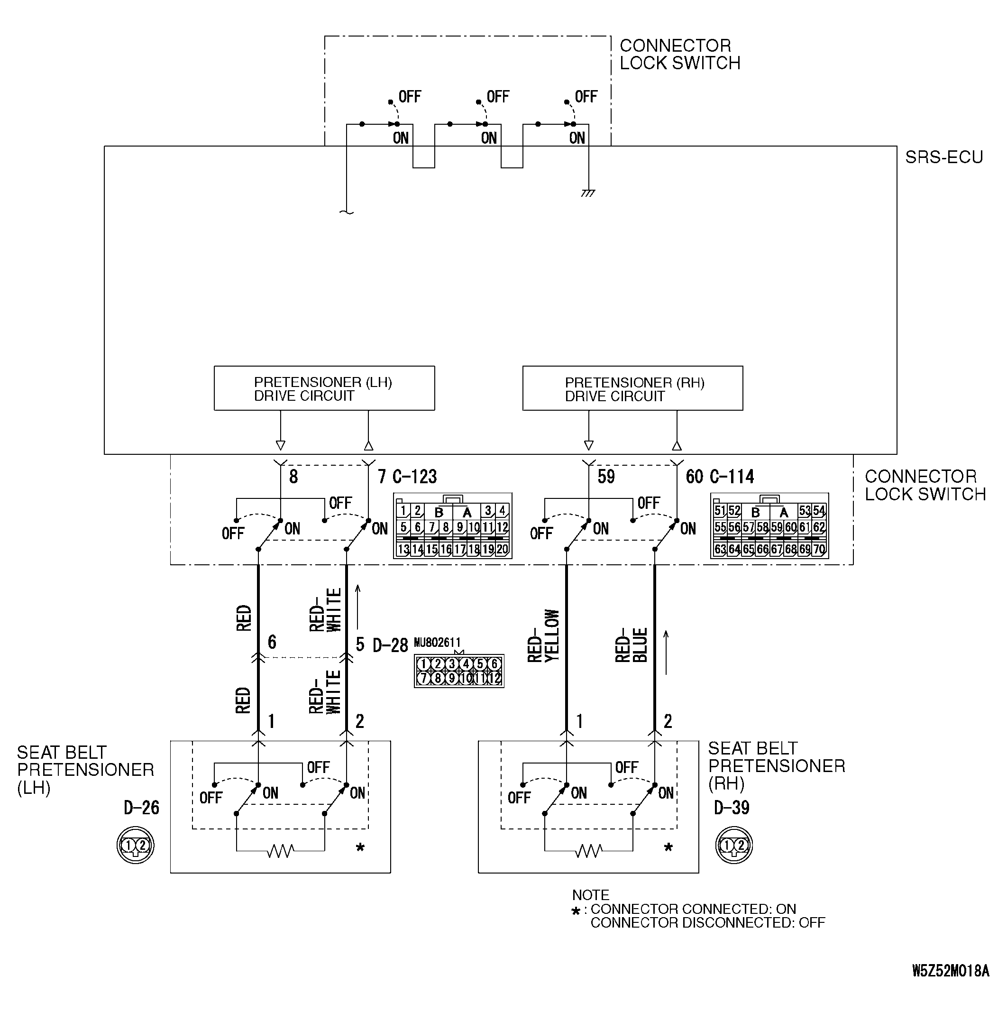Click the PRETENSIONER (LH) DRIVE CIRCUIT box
[x=324, y=388]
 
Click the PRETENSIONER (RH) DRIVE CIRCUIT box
[x=632, y=388]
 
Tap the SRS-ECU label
[x=944, y=157]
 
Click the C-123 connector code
[x=415, y=477]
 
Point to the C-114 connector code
[x=732, y=477]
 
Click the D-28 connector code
[x=390, y=645]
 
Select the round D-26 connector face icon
[x=136, y=846]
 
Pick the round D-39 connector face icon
[x=733, y=846]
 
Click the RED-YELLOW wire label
[x=543, y=636]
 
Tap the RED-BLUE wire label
[x=632, y=645]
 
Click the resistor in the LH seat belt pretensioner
[x=280, y=851]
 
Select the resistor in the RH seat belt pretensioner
[x=588, y=851]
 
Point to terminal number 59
[x=606, y=477]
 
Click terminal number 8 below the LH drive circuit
[x=293, y=477]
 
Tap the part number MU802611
[x=437, y=642]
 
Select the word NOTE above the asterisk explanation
[x=591, y=895]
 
